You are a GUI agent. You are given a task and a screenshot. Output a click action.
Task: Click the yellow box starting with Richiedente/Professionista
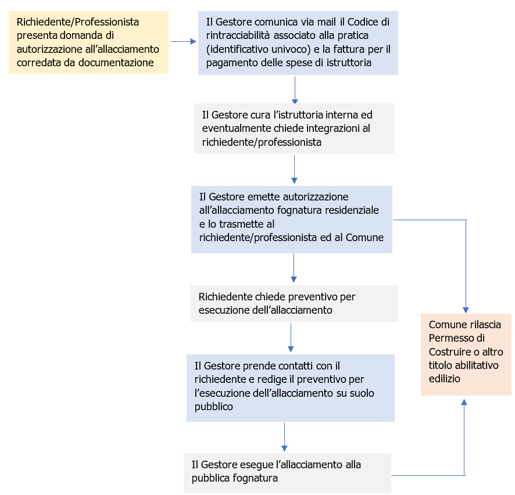[88, 42]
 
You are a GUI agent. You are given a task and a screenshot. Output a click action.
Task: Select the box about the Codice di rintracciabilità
[298, 42]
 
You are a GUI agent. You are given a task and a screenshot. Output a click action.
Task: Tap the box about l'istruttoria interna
[294, 128]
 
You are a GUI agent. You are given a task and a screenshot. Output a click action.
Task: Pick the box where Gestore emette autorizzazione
[291, 219]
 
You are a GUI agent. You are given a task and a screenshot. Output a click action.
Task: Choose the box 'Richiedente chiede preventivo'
[294, 303]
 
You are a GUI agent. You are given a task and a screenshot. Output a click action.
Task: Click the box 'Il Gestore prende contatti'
[290, 388]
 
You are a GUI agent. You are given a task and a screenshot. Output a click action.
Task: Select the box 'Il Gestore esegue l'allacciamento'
[287, 472]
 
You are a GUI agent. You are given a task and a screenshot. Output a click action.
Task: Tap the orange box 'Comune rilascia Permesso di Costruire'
[466, 354]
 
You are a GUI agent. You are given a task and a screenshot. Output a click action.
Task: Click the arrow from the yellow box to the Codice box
[183, 42]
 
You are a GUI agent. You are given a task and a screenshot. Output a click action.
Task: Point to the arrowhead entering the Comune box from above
[466, 310]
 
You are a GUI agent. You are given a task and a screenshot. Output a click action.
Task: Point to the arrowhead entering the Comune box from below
[464, 401]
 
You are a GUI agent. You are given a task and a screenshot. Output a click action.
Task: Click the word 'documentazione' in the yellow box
[120, 63]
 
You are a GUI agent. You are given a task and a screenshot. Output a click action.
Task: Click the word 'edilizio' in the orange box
[445, 378]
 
